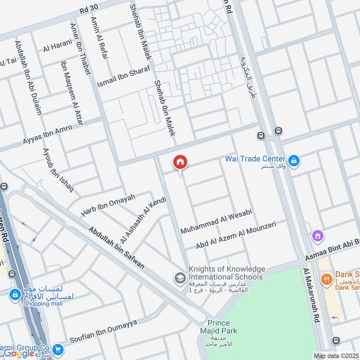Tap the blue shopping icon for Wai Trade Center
click(294, 161)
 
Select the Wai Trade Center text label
click(255, 159)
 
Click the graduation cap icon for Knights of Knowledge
click(180, 278)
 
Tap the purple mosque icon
click(318, 235)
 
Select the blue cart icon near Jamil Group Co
click(57, 349)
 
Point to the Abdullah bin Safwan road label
click(117, 247)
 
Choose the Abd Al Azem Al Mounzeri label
click(235, 235)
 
